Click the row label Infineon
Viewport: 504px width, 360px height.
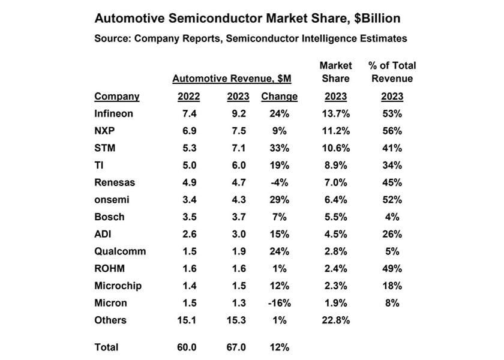[113, 113]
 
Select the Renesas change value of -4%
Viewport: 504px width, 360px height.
[279, 182]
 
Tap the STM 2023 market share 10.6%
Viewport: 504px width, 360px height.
[335, 148]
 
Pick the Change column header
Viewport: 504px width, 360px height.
[279, 96]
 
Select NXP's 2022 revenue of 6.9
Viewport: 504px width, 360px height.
[188, 131]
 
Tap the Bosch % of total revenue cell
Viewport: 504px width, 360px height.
[393, 217]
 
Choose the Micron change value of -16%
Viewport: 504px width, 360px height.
[279, 303]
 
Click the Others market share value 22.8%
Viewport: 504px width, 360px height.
[335, 320]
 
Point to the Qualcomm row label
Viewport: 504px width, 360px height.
[120, 251]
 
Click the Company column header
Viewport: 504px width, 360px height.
[117, 96]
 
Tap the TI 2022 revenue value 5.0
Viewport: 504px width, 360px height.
[188, 166]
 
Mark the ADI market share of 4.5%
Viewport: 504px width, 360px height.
[335, 234]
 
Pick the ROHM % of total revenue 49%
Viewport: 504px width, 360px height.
[393, 269]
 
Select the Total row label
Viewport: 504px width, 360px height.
[106, 347]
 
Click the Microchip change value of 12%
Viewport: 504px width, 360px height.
[279, 286]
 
